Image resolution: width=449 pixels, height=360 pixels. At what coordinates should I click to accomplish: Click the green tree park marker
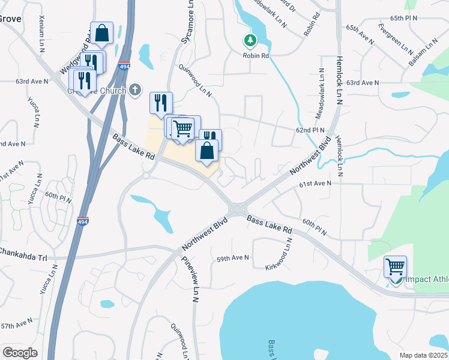point(250,41)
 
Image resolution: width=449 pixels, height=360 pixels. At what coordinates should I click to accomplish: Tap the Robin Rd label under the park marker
point(256,55)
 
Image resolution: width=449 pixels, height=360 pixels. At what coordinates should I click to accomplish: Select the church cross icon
point(136,90)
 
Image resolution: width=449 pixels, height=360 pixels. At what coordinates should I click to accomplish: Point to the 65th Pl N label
point(403,19)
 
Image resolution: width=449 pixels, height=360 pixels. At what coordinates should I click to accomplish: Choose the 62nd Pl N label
point(310,130)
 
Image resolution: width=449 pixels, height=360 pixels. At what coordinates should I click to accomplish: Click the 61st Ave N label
point(315,183)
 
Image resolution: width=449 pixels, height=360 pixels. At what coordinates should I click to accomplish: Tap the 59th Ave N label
point(232,258)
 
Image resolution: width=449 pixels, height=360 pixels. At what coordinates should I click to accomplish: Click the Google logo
point(20,353)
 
